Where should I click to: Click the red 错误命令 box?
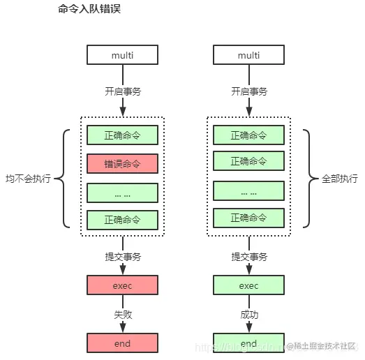click(x=122, y=164)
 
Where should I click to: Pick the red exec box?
click(x=122, y=285)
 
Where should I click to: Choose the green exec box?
click(x=248, y=285)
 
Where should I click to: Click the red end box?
click(x=122, y=343)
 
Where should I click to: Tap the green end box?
click(x=248, y=343)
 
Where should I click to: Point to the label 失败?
click(x=122, y=315)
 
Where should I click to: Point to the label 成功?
click(x=248, y=315)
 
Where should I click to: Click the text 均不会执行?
click(x=29, y=179)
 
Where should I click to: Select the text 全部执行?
click(x=338, y=179)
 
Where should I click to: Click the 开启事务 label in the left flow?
click(x=122, y=91)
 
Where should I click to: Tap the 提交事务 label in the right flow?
click(x=248, y=257)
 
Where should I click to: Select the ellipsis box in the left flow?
click(x=122, y=193)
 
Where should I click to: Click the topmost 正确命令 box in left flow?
click(x=122, y=135)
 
